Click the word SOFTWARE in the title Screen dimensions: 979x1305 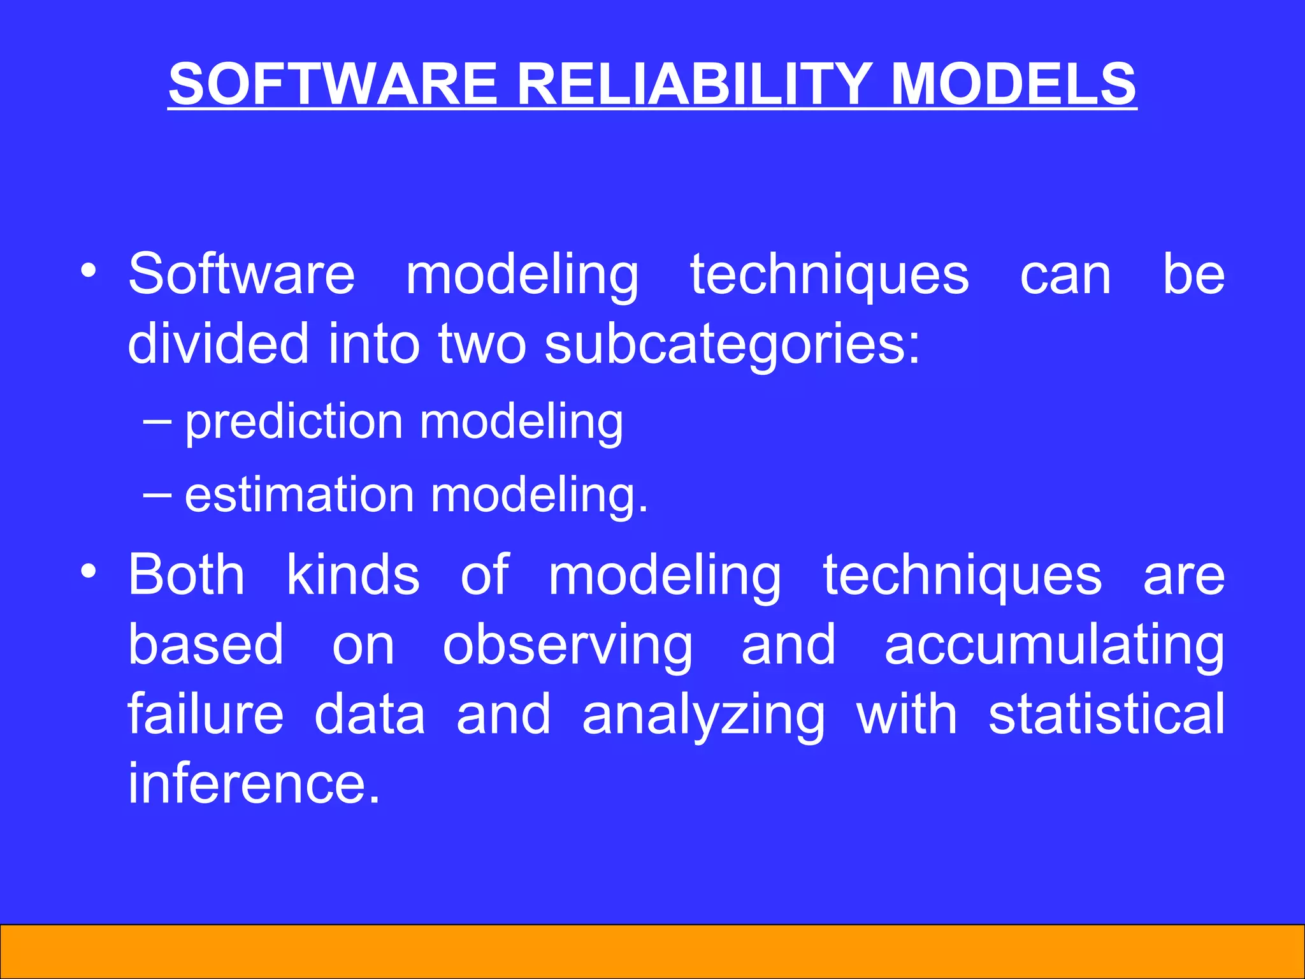pyautogui.click(x=332, y=84)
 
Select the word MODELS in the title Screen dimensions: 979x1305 pyautogui.click(x=1013, y=84)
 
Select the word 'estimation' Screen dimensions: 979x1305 pyautogui.click(x=299, y=495)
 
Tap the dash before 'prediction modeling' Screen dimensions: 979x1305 pyautogui.click(x=157, y=422)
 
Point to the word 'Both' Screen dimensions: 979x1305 pyautogui.click(x=186, y=575)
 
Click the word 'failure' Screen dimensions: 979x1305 pyautogui.click(x=205, y=714)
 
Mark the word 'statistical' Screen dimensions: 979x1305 pyautogui.click(x=1106, y=714)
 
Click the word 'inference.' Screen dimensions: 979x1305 pyautogui.click(x=254, y=783)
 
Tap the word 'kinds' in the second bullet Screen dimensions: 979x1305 pyautogui.click(x=352, y=575)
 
